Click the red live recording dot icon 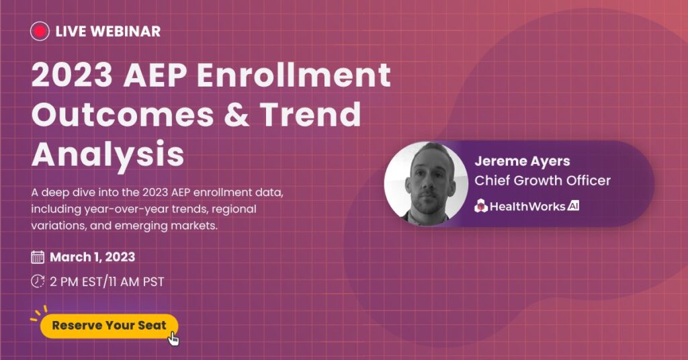click(x=40, y=31)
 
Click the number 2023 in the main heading click(x=73, y=75)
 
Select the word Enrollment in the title click(x=294, y=75)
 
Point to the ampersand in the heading click(x=237, y=114)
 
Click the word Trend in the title click(x=310, y=114)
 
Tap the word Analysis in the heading click(x=108, y=155)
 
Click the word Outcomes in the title click(x=123, y=114)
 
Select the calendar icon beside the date click(x=38, y=257)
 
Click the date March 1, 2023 click(x=93, y=257)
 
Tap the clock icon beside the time click(x=38, y=281)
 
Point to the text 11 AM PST click(x=136, y=281)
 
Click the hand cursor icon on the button click(x=174, y=339)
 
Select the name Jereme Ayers click(x=522, y=161)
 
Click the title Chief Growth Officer click(x=542, y=180)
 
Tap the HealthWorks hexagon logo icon click(x=481, y=206)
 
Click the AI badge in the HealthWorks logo click(x=573, y=206)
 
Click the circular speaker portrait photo click(x=426, y=184)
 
